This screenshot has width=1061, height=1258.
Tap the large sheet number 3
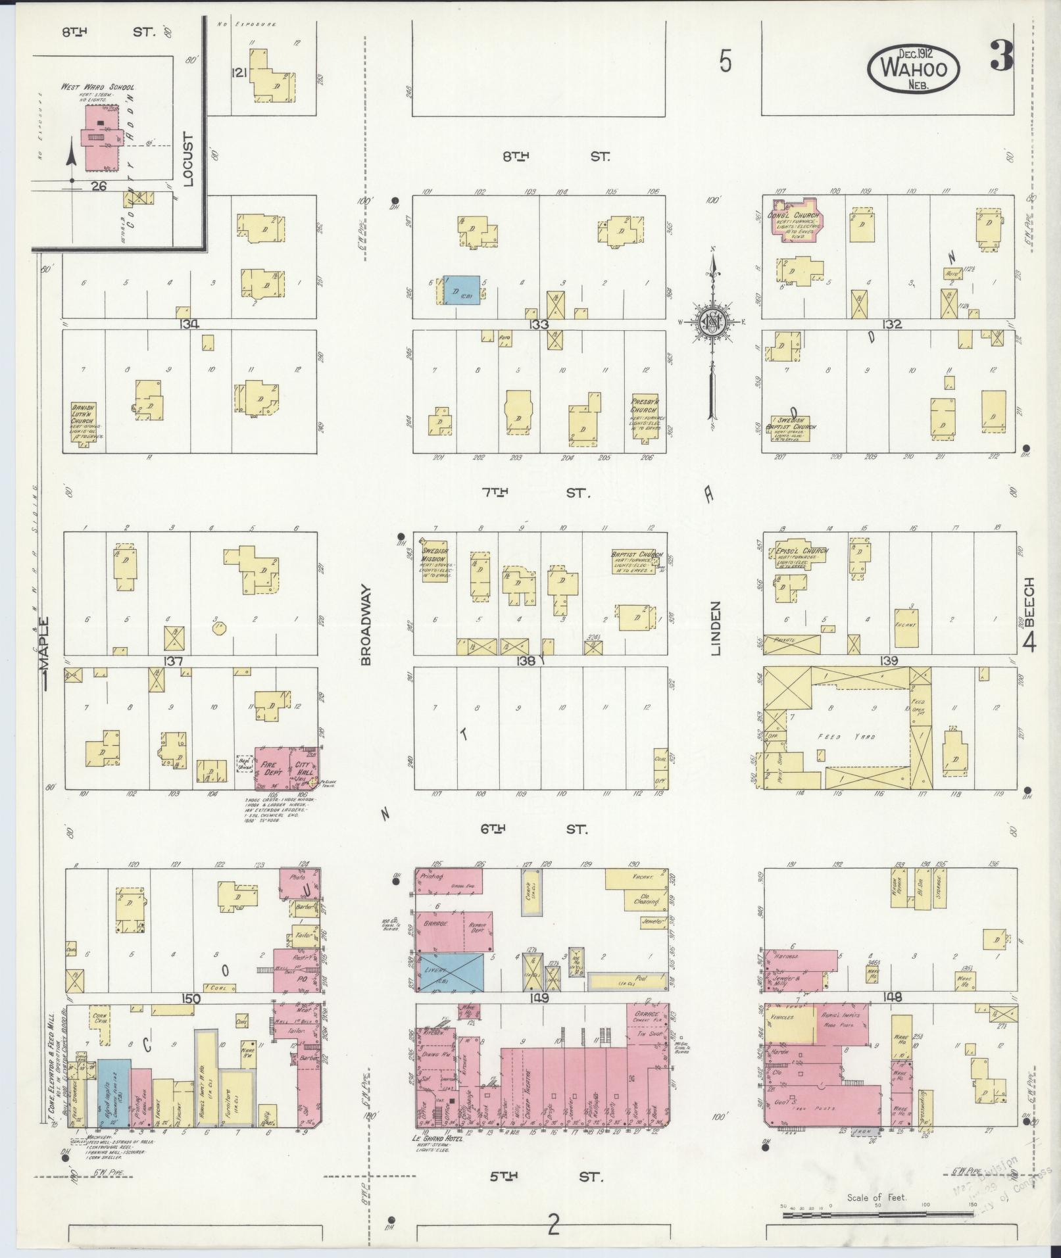(x=1001, y=58)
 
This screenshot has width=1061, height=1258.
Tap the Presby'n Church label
(x=643, y=405)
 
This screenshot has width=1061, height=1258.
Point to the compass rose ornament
(x=711, y=322)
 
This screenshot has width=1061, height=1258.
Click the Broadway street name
(x=366, y=625)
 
